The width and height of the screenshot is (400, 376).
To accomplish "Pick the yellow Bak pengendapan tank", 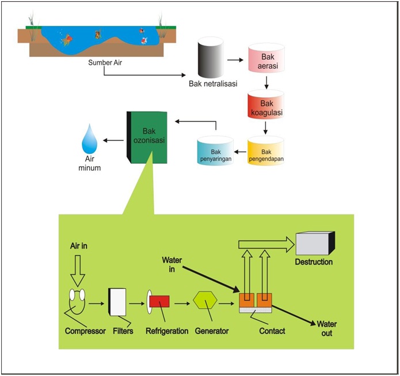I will pos(266,151).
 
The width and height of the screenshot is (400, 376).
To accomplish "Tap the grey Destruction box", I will pos(314,244).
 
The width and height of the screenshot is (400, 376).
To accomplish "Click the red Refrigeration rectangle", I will pos(159,301).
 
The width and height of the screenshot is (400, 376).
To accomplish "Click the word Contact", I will pos(272,331).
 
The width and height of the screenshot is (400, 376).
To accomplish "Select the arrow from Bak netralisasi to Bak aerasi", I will pos(236,59).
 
